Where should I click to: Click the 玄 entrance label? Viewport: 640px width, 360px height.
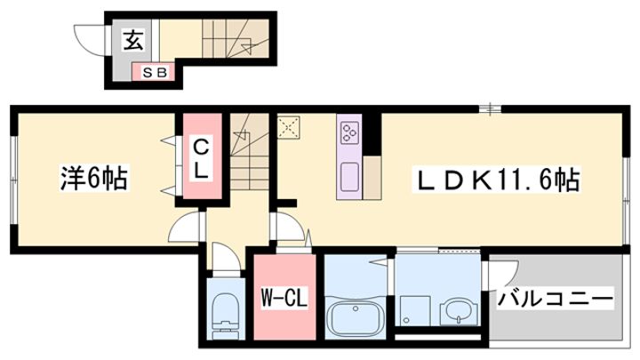(134, 40)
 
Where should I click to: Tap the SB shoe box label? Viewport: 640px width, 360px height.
(155, 73)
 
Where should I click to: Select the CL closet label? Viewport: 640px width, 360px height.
(201, 159)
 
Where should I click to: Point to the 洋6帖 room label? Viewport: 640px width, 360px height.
(94, 178)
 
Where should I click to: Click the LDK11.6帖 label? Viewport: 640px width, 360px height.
(498, 180)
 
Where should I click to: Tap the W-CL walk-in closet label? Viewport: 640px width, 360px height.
(284, 298)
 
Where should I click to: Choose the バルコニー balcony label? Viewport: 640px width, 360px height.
(555, 299)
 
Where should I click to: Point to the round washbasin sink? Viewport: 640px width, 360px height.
(460, 313)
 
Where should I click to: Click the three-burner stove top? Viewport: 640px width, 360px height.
(350, 132)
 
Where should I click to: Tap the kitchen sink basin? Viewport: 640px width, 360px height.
(350, 177)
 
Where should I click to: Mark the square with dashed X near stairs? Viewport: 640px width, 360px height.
(289, 127)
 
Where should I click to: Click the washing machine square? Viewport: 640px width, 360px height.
(415, 310)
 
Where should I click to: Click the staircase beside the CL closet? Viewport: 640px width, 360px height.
(250, 151)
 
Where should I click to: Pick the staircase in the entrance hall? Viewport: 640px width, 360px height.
(236, 39)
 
